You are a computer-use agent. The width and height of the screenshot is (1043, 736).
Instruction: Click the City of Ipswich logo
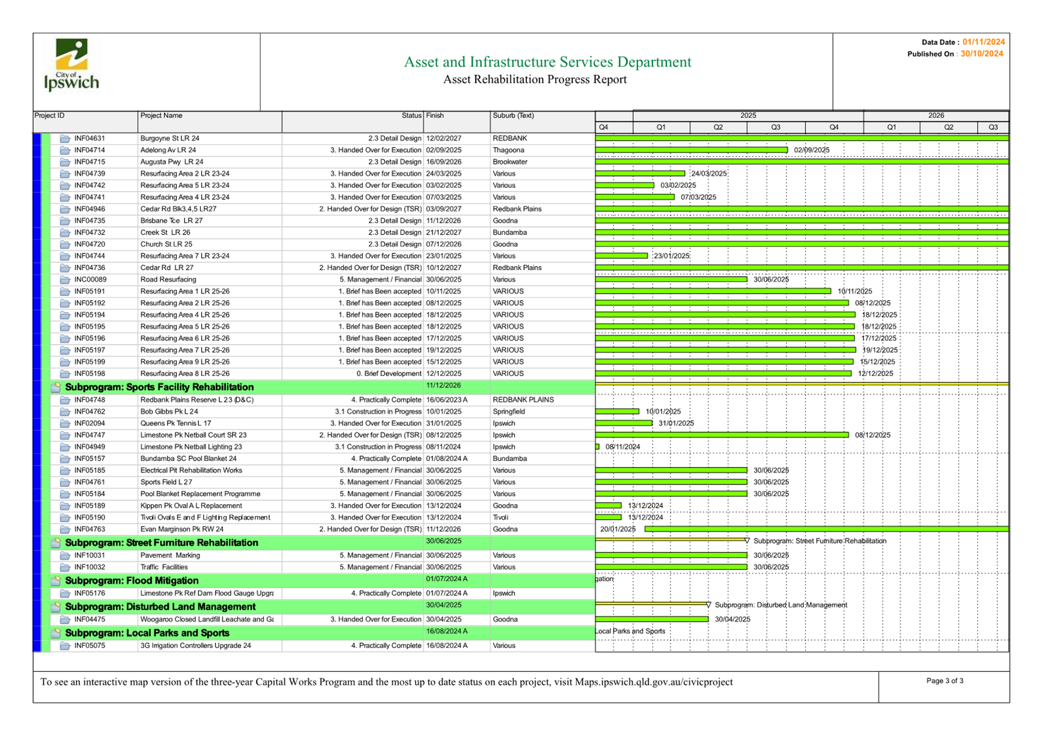tap(71, 65)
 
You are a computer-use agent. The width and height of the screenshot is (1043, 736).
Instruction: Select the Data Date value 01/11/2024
tap(984, 42)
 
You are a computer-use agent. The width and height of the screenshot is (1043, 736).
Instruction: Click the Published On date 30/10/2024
tap(982, 54)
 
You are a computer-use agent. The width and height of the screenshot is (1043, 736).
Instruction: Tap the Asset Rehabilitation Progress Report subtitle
tap(535, 80)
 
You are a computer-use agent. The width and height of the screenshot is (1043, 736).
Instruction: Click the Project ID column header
tap(49, 116)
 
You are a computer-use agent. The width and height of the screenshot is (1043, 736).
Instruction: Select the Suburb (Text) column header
tap(513, 116)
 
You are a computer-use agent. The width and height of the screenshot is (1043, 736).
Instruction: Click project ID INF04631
tap(90, 139)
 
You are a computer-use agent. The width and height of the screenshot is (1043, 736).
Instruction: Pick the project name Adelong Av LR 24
tap(168, 150)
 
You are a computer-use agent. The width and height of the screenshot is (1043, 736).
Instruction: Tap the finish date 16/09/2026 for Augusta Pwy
tap(444, 162)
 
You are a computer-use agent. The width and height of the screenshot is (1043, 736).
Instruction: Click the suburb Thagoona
tap(508, 150)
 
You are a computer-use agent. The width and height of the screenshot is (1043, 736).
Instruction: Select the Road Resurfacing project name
tap(168, 280)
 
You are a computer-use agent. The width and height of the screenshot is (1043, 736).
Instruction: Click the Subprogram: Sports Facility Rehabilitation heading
tap(159, 387)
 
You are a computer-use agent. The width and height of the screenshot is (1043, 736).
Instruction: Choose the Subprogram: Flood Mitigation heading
tap(132, 581)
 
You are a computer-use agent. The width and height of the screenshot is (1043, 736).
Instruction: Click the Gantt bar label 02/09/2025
tap(812, 150)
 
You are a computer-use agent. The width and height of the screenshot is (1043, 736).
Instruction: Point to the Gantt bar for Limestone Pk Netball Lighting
tap(597, 447)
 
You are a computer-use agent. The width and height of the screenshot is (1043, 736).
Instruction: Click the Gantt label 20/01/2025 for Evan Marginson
tap(618, 529)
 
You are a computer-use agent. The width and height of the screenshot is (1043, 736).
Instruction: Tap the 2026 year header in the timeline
tap(935, 116)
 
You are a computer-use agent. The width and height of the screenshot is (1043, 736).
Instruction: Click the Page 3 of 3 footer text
tap(944, 681)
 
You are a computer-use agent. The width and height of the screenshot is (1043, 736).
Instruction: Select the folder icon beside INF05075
tap(65, 646)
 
